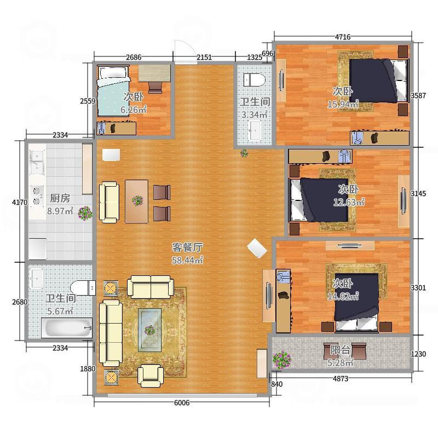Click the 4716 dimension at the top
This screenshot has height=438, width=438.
[x=343, y=37]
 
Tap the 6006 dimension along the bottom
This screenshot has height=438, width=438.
[x=182, y=402]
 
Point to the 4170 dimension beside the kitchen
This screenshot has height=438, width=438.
[x=20, y=202]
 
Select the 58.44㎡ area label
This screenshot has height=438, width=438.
[x=187, y=260]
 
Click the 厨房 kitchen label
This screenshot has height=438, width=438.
[x=60, y=198]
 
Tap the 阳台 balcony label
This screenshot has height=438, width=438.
[x=340, y=350]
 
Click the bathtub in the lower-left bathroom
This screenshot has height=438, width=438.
[x=67, y=328]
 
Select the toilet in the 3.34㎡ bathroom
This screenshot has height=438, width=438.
[x=254, y=80]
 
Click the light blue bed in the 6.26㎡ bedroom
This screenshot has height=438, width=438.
[x=113, y=91]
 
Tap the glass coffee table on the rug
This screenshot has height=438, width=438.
[x=150, y=330]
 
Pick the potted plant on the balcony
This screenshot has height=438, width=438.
[x=282, y=360]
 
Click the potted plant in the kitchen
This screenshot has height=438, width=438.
[x=85, y=214]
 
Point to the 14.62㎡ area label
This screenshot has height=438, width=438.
[x=343, y=296]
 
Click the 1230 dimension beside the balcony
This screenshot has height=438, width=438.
[x=418, y=354]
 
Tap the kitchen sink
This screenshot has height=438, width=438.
[x=37, y=162]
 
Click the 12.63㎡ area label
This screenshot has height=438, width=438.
[x=349, y=201]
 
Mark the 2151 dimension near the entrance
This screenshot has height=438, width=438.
[x=204, y=57]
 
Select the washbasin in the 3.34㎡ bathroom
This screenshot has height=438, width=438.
[x=254, y=130]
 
